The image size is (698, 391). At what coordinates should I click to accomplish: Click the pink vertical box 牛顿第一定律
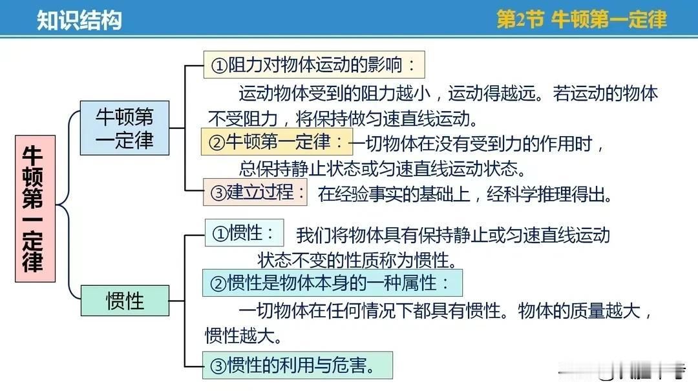click(x=35, y=209)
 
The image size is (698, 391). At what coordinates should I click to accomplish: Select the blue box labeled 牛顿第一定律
click(x=125, y=128)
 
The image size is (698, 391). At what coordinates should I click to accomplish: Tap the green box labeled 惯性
click(x=125, y=301)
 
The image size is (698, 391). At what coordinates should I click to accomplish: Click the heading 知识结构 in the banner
click(x=79, y=20)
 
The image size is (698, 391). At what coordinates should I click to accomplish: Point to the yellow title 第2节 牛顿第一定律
click(x=582, y=19)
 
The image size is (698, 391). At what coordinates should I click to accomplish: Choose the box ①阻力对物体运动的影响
click(x=314, y=65)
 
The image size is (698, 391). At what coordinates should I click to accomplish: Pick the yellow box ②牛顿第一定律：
click(x=277, y=142)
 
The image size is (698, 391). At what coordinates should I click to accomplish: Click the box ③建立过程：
click(x=255, y=192)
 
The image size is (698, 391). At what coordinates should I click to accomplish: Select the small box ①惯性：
click(x=244, y=232)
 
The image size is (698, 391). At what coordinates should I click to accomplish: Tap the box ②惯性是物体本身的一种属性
click(x=333, y=283)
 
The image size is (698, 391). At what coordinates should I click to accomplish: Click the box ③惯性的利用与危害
click(x=297, y=365)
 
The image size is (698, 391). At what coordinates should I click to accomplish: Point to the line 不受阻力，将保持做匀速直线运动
click(x=343, y=119)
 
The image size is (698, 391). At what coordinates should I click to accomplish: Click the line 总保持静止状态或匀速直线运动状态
click(x=383, y=168)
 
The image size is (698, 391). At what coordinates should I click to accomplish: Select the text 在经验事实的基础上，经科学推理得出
click(x=465, y=194)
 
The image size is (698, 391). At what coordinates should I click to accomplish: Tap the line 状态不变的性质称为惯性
click(x=357, y=260)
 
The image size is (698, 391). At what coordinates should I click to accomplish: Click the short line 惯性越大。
click(x=244, y=336)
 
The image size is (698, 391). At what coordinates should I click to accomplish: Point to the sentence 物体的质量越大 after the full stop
click(x=579, y=310)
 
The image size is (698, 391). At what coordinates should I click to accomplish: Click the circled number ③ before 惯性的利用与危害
click(x=218, y=366)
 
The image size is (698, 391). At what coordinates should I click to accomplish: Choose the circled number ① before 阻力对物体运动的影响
click(x=220, y=66)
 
